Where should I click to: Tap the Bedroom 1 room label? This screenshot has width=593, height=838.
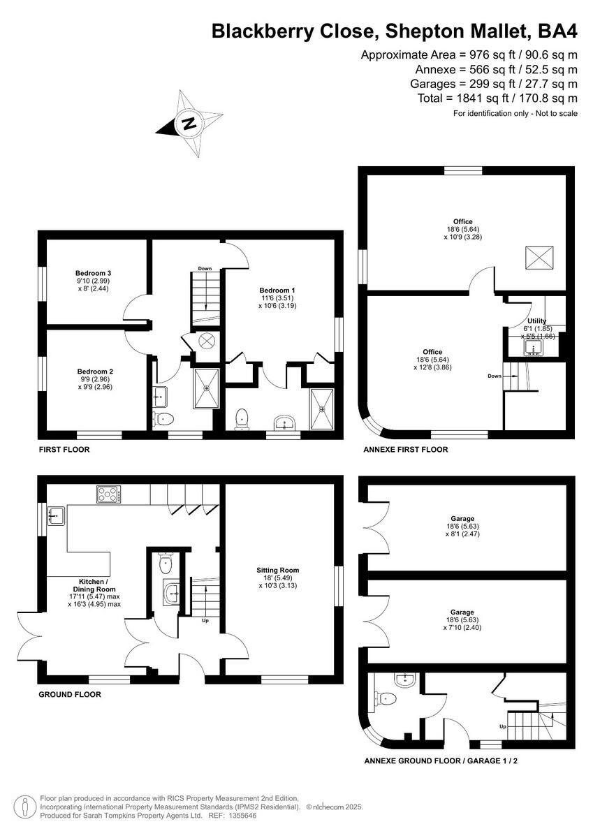[277, 290]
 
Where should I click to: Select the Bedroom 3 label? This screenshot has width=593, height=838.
[94, 273]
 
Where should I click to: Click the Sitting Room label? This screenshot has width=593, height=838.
[277, 570]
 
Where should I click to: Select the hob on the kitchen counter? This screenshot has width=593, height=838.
[108, 495]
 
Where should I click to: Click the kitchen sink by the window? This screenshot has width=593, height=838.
[55, 516]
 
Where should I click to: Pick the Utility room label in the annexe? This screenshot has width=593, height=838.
[536, 321]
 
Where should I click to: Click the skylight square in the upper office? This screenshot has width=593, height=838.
[539, 258]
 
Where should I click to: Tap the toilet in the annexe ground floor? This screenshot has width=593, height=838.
[386, 698]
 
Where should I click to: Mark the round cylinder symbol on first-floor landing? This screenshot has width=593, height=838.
[207, 341]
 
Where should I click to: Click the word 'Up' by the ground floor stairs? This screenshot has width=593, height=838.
[205, 620]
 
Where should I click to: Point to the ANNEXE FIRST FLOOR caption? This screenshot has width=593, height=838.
[405, 450]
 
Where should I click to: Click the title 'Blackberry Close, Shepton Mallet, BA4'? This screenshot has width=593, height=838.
[395, 31]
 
